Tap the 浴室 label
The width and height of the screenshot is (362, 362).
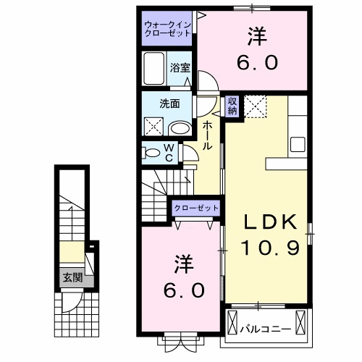180,67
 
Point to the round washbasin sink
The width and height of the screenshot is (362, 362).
179,129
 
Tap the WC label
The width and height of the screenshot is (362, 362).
168,152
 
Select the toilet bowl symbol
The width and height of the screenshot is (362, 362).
152,153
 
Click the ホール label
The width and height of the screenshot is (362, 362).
208,135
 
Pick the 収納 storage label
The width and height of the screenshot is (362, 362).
232,106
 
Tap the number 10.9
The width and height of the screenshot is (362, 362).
266,248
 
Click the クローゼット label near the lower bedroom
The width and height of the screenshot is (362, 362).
196,209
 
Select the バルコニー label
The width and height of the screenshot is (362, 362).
266,329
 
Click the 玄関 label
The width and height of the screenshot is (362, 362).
72,277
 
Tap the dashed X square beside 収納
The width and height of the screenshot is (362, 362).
255,106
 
